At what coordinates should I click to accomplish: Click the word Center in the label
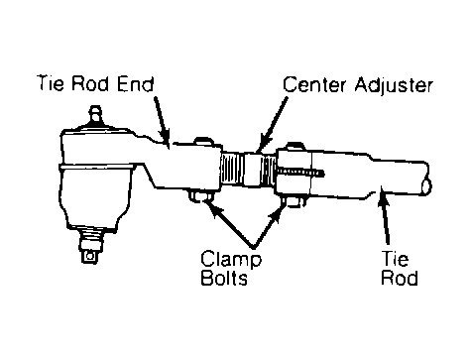[315, 84]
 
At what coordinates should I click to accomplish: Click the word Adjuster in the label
[394, 85]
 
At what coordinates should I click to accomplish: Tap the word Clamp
[231, 260]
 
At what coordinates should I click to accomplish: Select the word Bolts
[224, 278]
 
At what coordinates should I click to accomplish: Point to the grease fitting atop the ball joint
[95, 116]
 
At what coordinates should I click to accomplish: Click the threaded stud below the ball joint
[90, 246]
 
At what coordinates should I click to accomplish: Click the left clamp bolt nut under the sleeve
[200, 196]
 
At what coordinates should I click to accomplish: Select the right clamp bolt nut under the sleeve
[294, 201]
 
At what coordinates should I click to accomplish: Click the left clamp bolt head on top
[204, 140]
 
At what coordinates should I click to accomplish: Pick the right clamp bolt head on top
[295, 146]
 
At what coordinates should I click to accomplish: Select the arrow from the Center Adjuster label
[273, 125]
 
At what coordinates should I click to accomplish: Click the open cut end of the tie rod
[425, 186]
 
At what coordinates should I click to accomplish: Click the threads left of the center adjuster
[232, 170]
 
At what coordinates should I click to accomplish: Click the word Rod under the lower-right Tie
[400, 278]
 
